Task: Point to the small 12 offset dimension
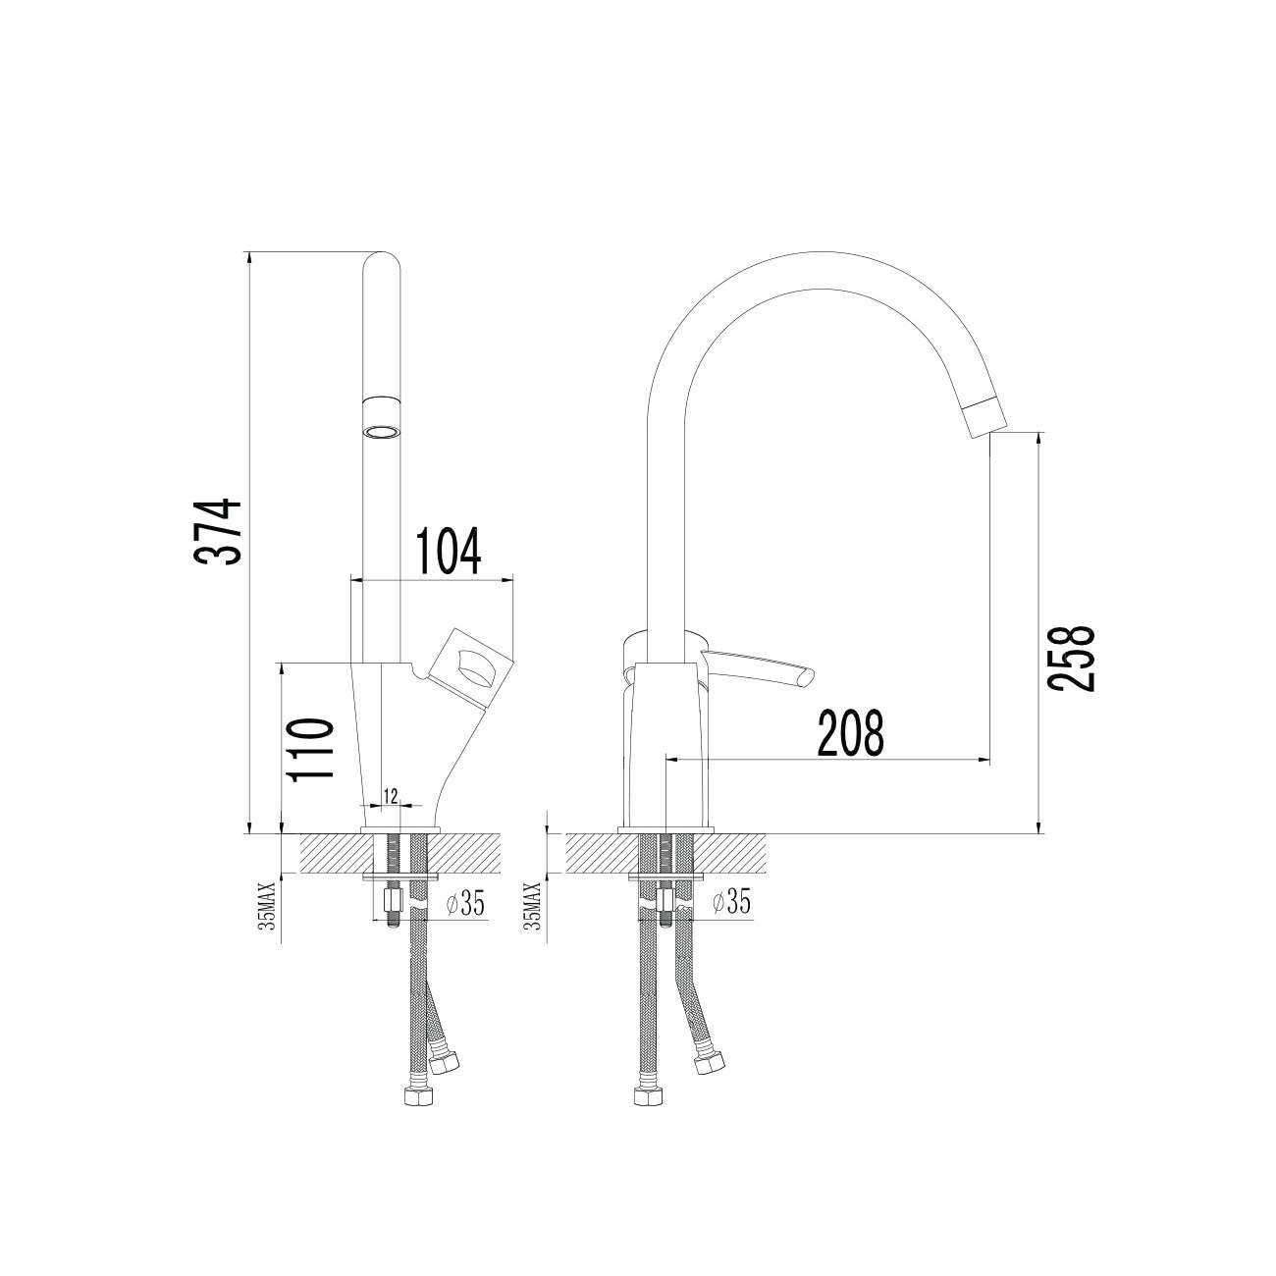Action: coord(391,796)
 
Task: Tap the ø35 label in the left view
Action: coord(466,903)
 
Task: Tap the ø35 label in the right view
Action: coord(731,902)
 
